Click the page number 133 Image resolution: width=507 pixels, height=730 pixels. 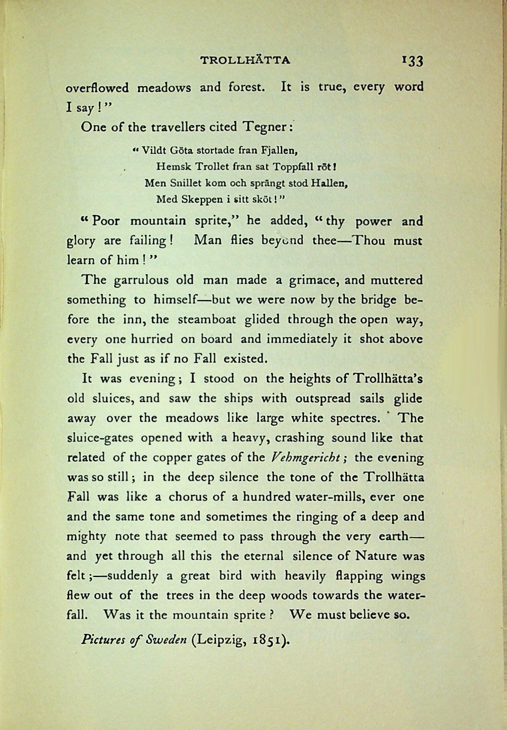point(412,61)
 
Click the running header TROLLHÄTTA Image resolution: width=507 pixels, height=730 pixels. point(245,60)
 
